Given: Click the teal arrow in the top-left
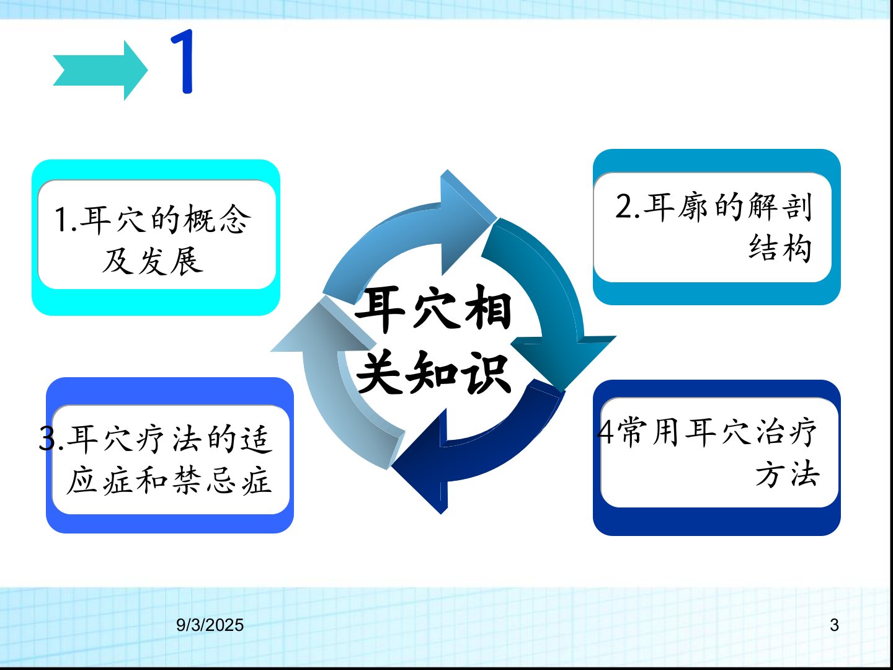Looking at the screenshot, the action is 100,70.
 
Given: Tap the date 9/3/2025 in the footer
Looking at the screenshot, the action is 210,625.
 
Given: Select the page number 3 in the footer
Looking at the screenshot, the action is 834,625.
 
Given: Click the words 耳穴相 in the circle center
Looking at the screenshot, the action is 433,308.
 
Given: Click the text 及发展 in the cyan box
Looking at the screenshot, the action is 152,261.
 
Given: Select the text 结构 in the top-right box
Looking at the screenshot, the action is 780,248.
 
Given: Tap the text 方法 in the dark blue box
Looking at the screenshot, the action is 787,474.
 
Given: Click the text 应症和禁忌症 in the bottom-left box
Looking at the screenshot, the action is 169,481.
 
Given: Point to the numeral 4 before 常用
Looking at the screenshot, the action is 605,432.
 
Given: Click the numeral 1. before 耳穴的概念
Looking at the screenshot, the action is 66,220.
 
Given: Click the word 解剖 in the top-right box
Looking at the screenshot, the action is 780,207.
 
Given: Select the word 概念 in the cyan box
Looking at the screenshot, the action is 217,220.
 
